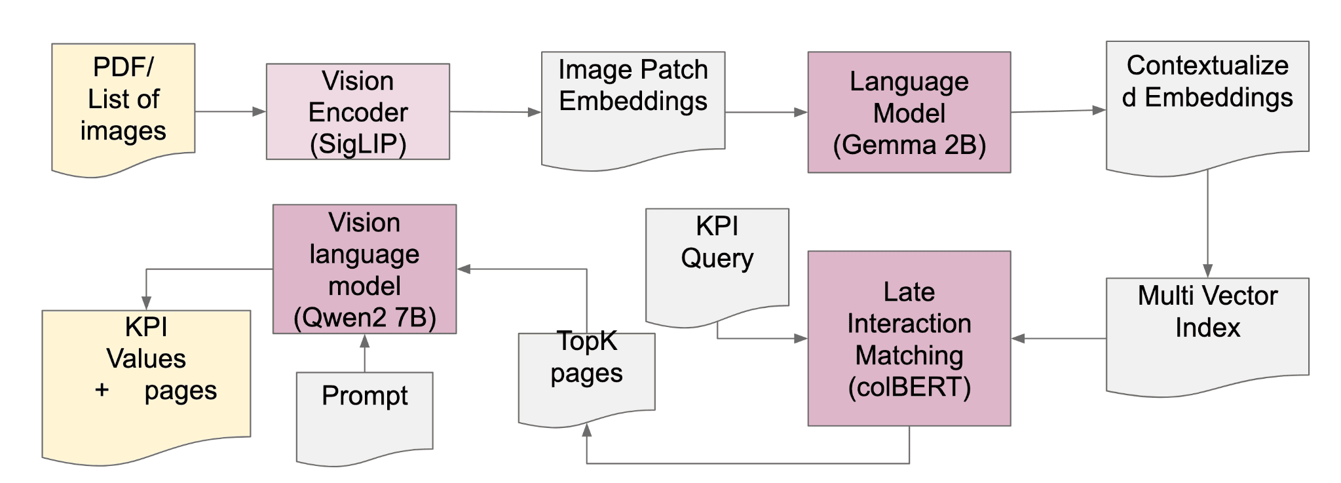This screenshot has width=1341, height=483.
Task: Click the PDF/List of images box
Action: (x=123, y=105)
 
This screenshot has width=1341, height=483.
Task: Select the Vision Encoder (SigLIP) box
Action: (x=358, y=111)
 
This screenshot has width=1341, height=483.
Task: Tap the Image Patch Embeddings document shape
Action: (x=633, y=105)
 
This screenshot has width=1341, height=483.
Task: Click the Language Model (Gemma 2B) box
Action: (x=909, y=112)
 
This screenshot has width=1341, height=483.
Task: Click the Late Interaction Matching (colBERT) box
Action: (x=909, y=338)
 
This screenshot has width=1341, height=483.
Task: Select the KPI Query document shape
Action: (x=717, y=262)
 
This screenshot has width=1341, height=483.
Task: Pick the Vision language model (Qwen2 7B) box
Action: (x=364, y=269)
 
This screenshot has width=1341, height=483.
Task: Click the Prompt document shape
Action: (x=364, y=413)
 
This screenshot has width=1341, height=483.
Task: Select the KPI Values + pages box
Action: (x=146, y=380)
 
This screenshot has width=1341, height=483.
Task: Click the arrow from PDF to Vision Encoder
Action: (x=229, y=111)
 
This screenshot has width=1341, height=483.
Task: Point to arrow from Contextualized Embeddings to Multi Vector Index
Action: (x=1207, y=223)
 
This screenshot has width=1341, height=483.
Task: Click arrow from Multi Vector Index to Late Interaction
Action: (x=1058, y=338)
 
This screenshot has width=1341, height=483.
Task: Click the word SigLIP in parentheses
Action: (x=358, y=144)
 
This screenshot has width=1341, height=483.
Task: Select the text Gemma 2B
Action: (x=915, y=145)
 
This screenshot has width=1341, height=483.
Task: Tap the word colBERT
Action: (x=909, y=387)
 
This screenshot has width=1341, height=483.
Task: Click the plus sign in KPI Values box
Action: (x=102, y=390)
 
